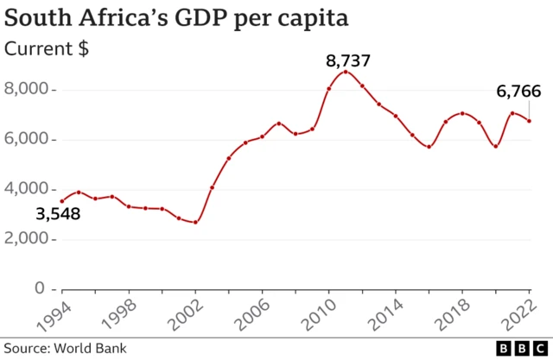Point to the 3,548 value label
(57, 213)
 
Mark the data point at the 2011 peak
(346, 72)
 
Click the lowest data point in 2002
(195, 222)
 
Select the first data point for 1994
(61, 200)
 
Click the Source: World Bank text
(65, 348)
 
